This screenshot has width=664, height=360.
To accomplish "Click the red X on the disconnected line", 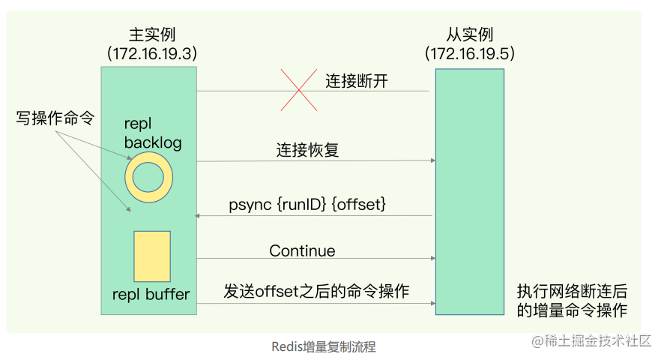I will pyautogui.click(x=298, y=91).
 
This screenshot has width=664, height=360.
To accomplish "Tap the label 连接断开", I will pyautogui.click(x=357, y=81).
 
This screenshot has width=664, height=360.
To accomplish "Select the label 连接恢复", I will pyautogui.click(x=307, y=150).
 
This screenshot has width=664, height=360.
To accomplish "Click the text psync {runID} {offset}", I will pyautogui.click(x=307, y=203).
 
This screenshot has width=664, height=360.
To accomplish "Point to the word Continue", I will pyautogui.click(x=302, y=250).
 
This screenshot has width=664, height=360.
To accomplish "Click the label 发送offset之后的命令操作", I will pyautogui.click(x=316, y=292).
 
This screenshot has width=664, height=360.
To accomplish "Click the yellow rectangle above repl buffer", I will pyautogui.click(x=152, y=256).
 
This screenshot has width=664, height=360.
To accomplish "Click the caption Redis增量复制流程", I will pyautogui.click(x=323, y=347).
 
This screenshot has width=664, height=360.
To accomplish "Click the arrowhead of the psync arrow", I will pyautogui.click(x=198, y=216).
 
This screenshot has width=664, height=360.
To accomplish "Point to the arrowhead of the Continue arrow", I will pyautogui.click(x=432, y=259).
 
